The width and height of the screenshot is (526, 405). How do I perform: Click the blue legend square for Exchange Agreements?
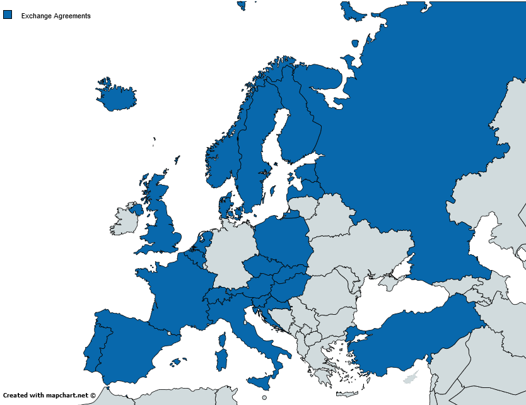pyautogui.click(x=8, y=15)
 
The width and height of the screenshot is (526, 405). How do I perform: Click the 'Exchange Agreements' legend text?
pyautogui.click(x=56, y=16)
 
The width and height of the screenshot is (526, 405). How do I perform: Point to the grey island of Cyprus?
pyautogui.click(x=411, y=377)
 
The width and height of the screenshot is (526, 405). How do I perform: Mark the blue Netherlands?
pyautogui.click(x=202, y=243)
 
